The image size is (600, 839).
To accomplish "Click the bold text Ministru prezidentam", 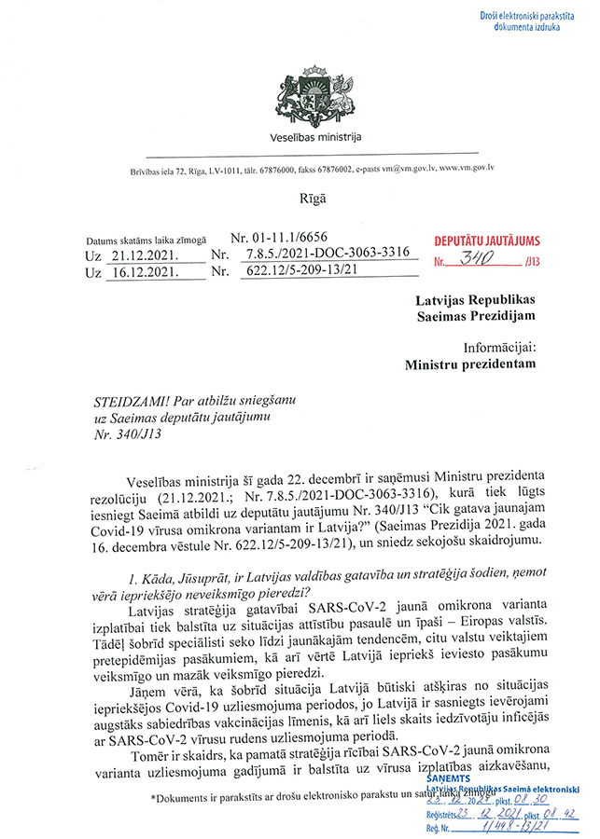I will tap(471, 365).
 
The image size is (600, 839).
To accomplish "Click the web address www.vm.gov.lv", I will tap(466, 169).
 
